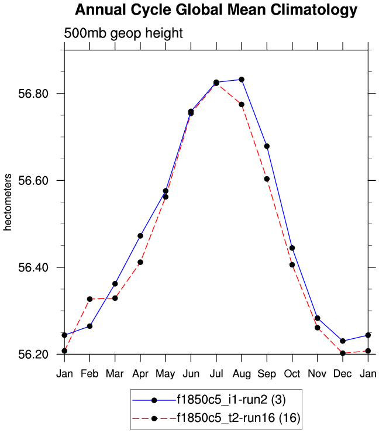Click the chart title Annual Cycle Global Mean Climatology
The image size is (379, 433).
click(x=216, y=10)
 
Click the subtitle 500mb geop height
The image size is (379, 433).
click(x=123, y=33)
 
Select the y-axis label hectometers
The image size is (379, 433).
click(x=8, y=202)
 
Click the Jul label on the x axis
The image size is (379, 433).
click(x=216, y=373)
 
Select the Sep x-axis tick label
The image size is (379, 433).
click(x=267, y=373)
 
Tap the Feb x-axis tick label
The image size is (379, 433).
click(x=89, y=373)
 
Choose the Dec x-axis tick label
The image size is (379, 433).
click(x=343, y=373)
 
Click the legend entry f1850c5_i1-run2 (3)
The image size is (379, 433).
click(x=230, y=400)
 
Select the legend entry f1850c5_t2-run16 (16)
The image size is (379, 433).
click(x=234, y=418)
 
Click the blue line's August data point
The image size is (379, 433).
click(x=242, y=80)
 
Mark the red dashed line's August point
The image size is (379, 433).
click(x=242, y=104)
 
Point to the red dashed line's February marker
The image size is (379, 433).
click(x=89, y=299)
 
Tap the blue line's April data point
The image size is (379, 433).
click(x=140, y=236)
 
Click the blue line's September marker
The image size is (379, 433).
click(x=267, y=146)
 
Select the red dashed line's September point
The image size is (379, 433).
click(x=267, y=179)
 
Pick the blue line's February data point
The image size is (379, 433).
click(x=89, y=326)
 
